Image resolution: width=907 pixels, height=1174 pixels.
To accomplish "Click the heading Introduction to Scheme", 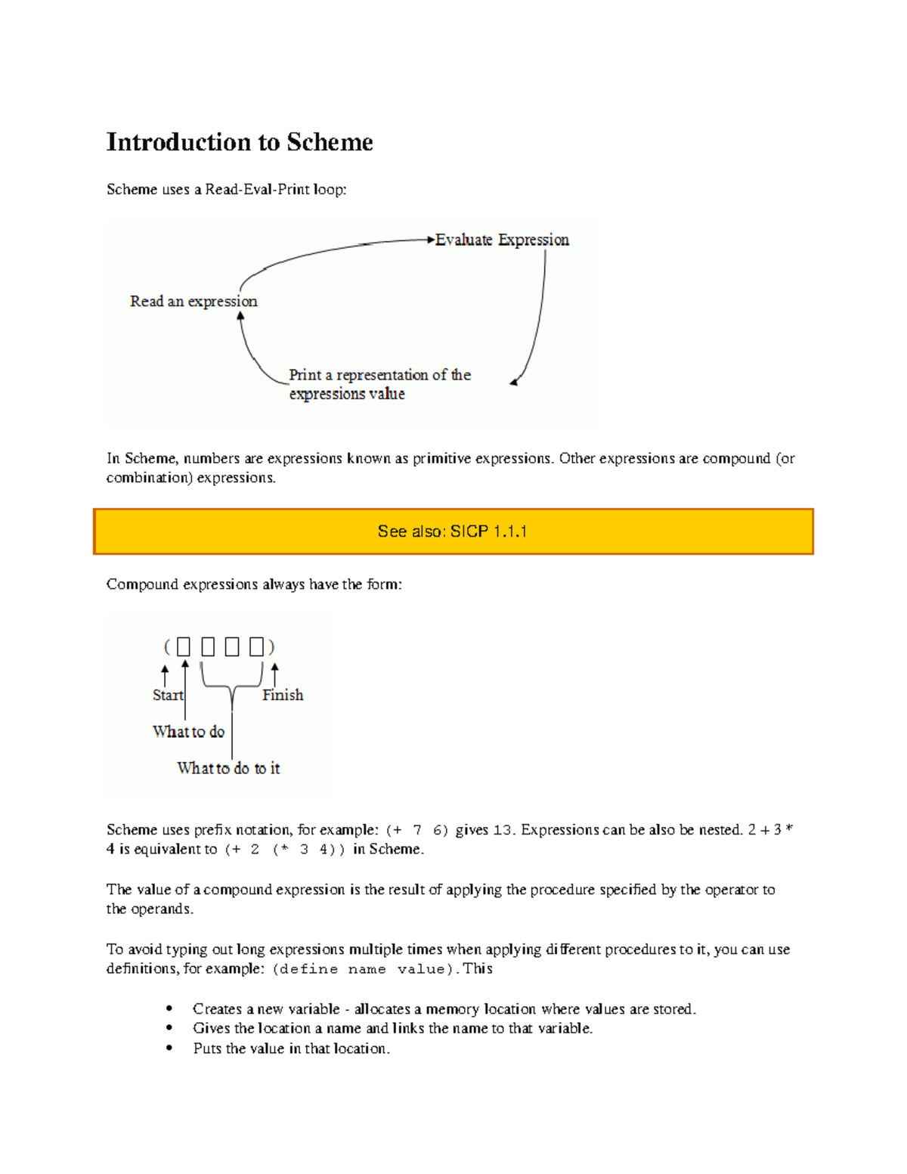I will (x=240, y=142).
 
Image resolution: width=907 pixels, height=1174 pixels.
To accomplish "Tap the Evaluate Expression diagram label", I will (x=502, y=240).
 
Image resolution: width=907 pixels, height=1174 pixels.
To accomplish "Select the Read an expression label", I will (x=193, y=302).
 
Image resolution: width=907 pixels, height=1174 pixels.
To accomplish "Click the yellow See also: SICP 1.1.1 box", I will (x=453, y=531).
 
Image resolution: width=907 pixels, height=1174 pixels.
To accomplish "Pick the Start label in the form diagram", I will (x=167, y=695).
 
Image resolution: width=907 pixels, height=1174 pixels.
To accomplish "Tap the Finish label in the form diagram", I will (x=283, y=695).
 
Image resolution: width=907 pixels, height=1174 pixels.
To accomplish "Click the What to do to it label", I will (x=228, y=768).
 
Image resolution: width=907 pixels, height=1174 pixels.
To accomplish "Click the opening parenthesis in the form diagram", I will (x=167, y=647).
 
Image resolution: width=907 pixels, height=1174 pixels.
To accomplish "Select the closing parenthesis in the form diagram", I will (x=272, y=647).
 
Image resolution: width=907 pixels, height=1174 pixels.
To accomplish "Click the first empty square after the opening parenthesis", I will (x=184, y=647).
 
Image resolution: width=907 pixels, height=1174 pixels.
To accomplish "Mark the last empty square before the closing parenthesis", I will (x=256, y=647).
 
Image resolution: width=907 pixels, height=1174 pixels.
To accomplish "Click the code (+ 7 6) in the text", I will (x=416, y=830).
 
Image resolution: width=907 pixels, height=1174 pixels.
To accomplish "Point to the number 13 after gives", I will (x=503, y=830).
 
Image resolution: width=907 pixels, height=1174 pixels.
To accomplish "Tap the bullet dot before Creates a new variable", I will (x=169, y=1008).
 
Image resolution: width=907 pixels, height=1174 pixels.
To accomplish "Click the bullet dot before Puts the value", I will (x=169, y=1049).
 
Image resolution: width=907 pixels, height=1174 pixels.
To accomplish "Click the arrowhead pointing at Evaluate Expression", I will (x=431, y=240).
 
